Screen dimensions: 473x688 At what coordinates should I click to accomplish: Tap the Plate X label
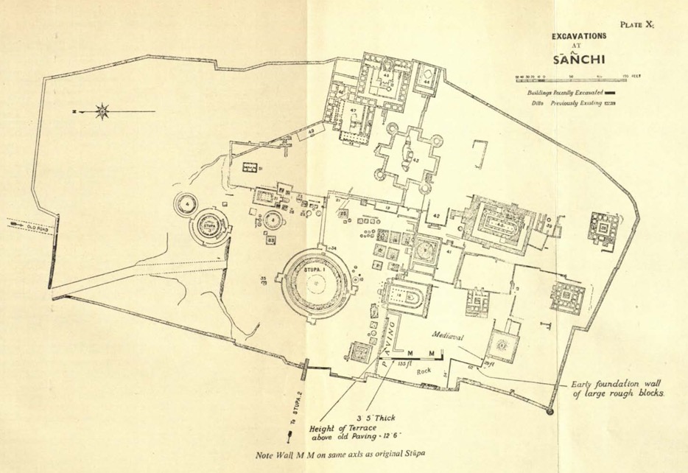click(636, 24)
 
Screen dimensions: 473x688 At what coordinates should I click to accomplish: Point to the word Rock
click(424, 371)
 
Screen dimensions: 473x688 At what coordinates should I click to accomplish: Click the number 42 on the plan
click(436, 216)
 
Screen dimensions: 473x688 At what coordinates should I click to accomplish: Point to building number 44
click(427, 81)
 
